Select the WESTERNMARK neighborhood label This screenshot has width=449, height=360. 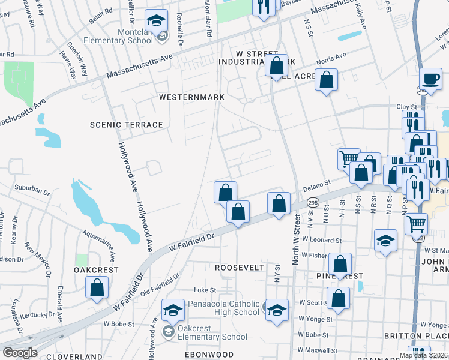(191, 97)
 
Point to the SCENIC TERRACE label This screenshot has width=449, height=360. (126, 125)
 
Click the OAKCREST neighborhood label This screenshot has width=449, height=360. (96, 271)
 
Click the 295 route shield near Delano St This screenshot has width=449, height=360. (313, 204)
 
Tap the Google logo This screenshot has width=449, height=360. (20, 352)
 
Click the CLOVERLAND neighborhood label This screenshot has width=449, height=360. (74, 356)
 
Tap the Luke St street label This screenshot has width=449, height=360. (200, 290)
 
